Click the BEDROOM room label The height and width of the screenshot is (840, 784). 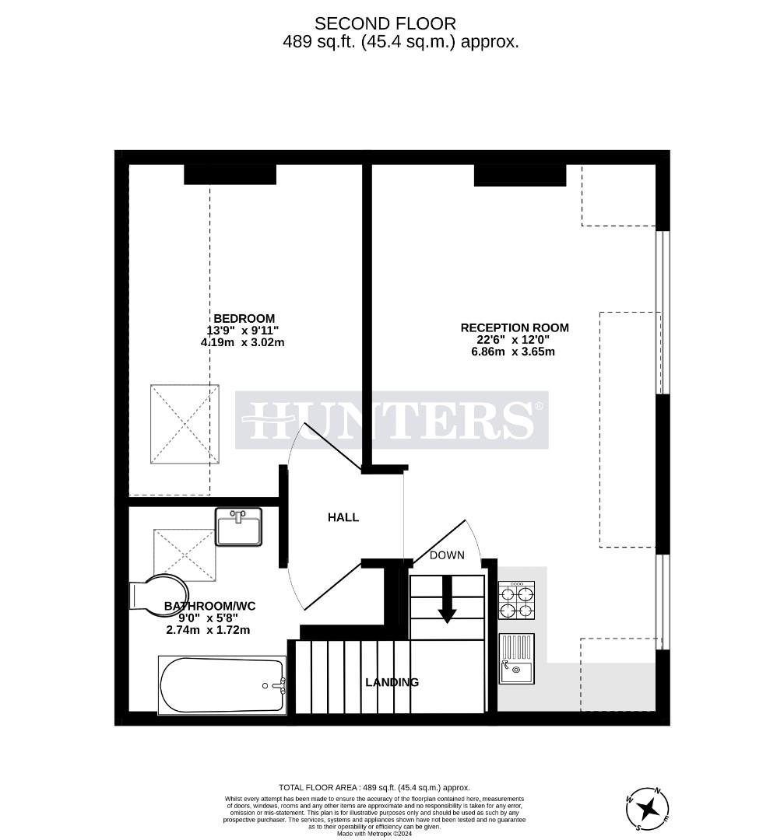[x=244, y=318]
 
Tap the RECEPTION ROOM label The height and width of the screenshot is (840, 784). [x=514, y=327]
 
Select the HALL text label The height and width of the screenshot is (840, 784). [x=343, y=517]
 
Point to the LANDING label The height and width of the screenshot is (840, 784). [x=392, y=682]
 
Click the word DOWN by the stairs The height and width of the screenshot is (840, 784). [x=447, y=555]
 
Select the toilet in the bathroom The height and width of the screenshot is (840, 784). [x=155, y=596]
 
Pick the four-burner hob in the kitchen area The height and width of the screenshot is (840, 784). [x=516, y=600]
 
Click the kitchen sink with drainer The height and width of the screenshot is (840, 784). [x=517, y=658]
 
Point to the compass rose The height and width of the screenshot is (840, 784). [x=647, y=810]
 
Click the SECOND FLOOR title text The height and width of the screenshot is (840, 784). [x=385, y=24]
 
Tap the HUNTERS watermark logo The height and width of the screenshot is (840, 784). [x=392, y=420]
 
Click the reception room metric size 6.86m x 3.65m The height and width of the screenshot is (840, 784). [x=513, y=352]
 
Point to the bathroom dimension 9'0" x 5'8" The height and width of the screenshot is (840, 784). [x=208, y=618]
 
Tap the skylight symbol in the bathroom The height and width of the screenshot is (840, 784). [x=185, y=555]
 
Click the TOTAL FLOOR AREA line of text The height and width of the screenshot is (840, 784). [x=374, y=787]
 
